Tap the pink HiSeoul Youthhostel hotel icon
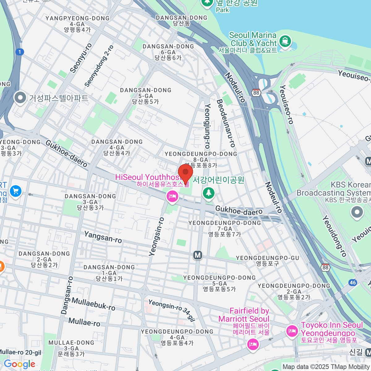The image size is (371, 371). point(172,196)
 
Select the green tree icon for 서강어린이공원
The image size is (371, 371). point(209,193)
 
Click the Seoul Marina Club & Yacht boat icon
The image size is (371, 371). point(285,41)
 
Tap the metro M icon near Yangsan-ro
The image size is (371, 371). point(198,255)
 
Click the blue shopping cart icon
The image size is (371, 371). point(16,191)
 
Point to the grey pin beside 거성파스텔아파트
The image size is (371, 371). point(20,98)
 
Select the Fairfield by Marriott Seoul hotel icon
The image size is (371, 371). point(253,344)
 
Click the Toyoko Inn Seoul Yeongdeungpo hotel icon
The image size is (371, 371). point(292,331)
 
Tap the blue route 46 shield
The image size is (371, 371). point(353,282)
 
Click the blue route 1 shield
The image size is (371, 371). point(19,52)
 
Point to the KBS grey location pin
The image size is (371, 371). point(357,212)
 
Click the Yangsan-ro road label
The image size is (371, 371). point(103,237)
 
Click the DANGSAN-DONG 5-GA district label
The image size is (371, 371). point(145,96)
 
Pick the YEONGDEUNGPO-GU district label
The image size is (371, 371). point(267,261)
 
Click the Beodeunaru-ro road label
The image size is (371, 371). point(226,123)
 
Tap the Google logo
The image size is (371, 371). point(19,364)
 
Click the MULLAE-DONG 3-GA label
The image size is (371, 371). point(71,348)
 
